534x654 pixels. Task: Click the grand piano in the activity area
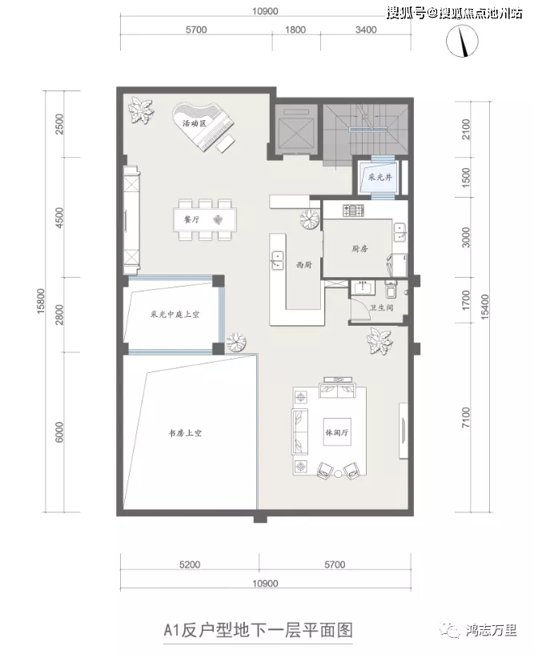click(203, 127)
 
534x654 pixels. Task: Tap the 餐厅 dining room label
click(191, 219)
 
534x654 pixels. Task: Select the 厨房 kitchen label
click(359, 249)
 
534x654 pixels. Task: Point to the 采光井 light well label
click(380, 177)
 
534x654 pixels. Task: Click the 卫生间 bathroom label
click(381, 308)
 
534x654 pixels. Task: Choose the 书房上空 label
click(185, 433)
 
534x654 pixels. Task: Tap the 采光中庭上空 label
click(175, 314)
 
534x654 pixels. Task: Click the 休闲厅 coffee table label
click(337, 432)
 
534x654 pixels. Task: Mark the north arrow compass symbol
click(462, 41)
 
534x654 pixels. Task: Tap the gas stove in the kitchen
click(353, 210)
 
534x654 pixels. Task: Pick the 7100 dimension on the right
click(466, 417)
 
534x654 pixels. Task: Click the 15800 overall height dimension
click(41, 301)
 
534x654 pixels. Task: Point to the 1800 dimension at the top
click(295, 30)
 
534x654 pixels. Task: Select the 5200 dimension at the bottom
click(190, 564)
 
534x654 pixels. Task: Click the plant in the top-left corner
click(140, 110)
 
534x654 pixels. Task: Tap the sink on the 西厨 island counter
click(277, 260)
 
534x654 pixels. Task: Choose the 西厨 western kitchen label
click(304, 265)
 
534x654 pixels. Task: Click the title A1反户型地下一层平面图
click(259, 630)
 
